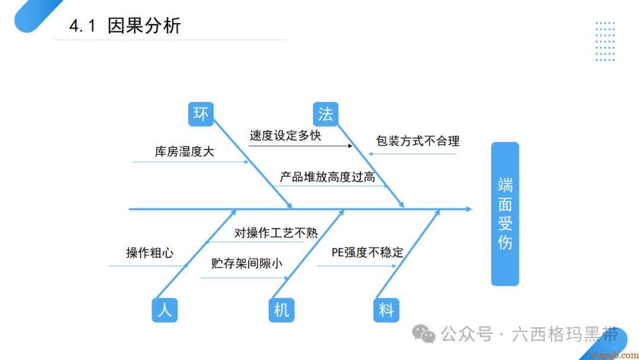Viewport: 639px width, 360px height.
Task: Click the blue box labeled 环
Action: click(x=201, y=114)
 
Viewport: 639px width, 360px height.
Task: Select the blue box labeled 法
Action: click(x=325, y=114)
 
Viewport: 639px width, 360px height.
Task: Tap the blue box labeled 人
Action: click(x=164, y=310)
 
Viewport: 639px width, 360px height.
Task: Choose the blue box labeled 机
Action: click(x=281, y=310)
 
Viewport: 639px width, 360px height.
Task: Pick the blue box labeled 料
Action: click(x=386, y=310)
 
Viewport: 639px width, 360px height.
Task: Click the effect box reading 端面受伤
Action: click(x=505, y=214)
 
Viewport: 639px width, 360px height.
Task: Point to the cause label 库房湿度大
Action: click(x=185, y=152)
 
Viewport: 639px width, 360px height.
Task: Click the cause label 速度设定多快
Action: click(x=285, y=135)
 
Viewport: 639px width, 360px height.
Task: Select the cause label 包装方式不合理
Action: click(x=418, y=141)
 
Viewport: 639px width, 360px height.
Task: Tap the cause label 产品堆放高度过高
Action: click(x=327, y=176)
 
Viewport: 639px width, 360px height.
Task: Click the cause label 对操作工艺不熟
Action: click(x=276, y=233)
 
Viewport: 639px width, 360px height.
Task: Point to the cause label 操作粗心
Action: click(x=150, y=253)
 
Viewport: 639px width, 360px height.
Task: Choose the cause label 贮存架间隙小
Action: click(x=246, y=263)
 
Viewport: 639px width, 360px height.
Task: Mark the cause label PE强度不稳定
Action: click(x=367, y=253)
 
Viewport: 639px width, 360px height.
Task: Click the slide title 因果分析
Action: click(x=144, y=26)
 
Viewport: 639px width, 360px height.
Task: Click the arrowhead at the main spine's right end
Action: click(x=469, y=209)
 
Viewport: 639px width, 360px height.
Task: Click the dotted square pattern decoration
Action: click(x=605, y=41)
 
